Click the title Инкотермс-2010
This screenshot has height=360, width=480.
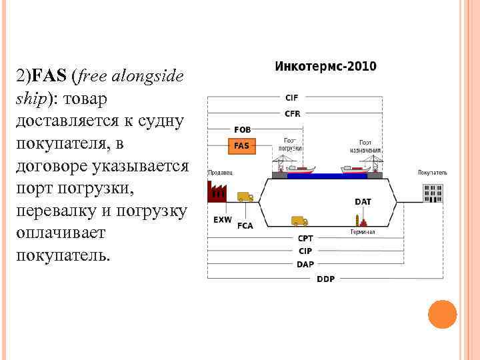coord(325,67)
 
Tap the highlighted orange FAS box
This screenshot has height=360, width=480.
coord(242,145)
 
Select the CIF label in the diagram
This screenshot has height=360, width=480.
coord(292,97)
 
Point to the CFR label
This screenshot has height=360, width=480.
coord(292,114)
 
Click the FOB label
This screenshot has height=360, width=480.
coord(242,129)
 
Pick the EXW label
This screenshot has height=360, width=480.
coord(223,219)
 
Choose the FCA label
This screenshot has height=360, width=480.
coord(245,225)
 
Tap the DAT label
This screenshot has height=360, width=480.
coord(363,201)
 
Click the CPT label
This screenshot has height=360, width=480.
coord(305,238)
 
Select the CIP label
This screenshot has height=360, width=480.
coord(305,251)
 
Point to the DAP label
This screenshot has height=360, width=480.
coord(305,265)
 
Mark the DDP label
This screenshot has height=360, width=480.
coord(326,279)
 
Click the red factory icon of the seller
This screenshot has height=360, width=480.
coord(218,193)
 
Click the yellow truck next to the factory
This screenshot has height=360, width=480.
coord(245,197)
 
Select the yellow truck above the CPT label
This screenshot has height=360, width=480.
coord(299,221)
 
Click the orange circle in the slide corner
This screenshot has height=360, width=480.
coord(442,314)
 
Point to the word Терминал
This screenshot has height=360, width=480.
coord(363,232)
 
